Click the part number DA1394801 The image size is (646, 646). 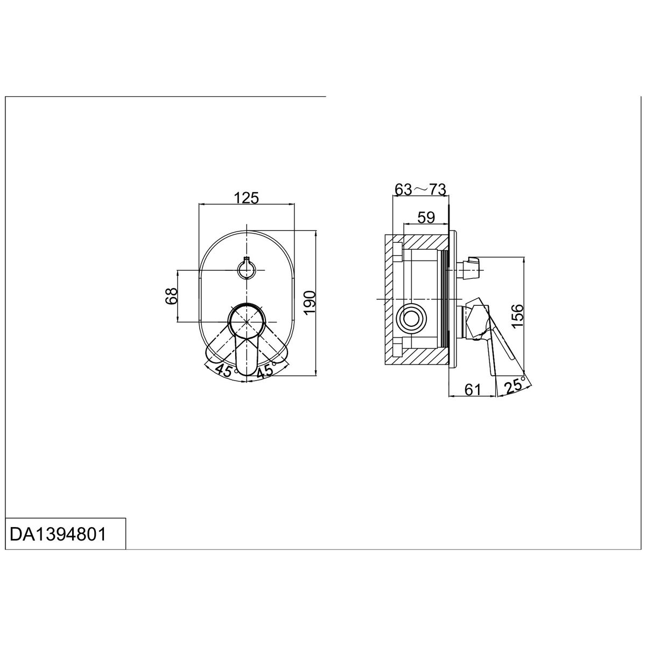pos(58,534)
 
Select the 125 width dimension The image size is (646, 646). pos(247,198)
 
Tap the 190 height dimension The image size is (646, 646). pos(310,303)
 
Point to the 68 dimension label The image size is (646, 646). pos(171,296)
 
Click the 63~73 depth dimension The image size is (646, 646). pos(420,189)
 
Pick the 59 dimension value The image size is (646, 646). pos(426,217)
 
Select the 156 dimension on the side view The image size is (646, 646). pos(517,315)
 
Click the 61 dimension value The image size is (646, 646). pos(473,390)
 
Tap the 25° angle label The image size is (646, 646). pos(515,385)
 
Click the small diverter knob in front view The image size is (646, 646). pos(247,269)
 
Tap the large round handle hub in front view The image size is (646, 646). pos(247,321)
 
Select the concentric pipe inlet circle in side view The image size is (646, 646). pos(411,319)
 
